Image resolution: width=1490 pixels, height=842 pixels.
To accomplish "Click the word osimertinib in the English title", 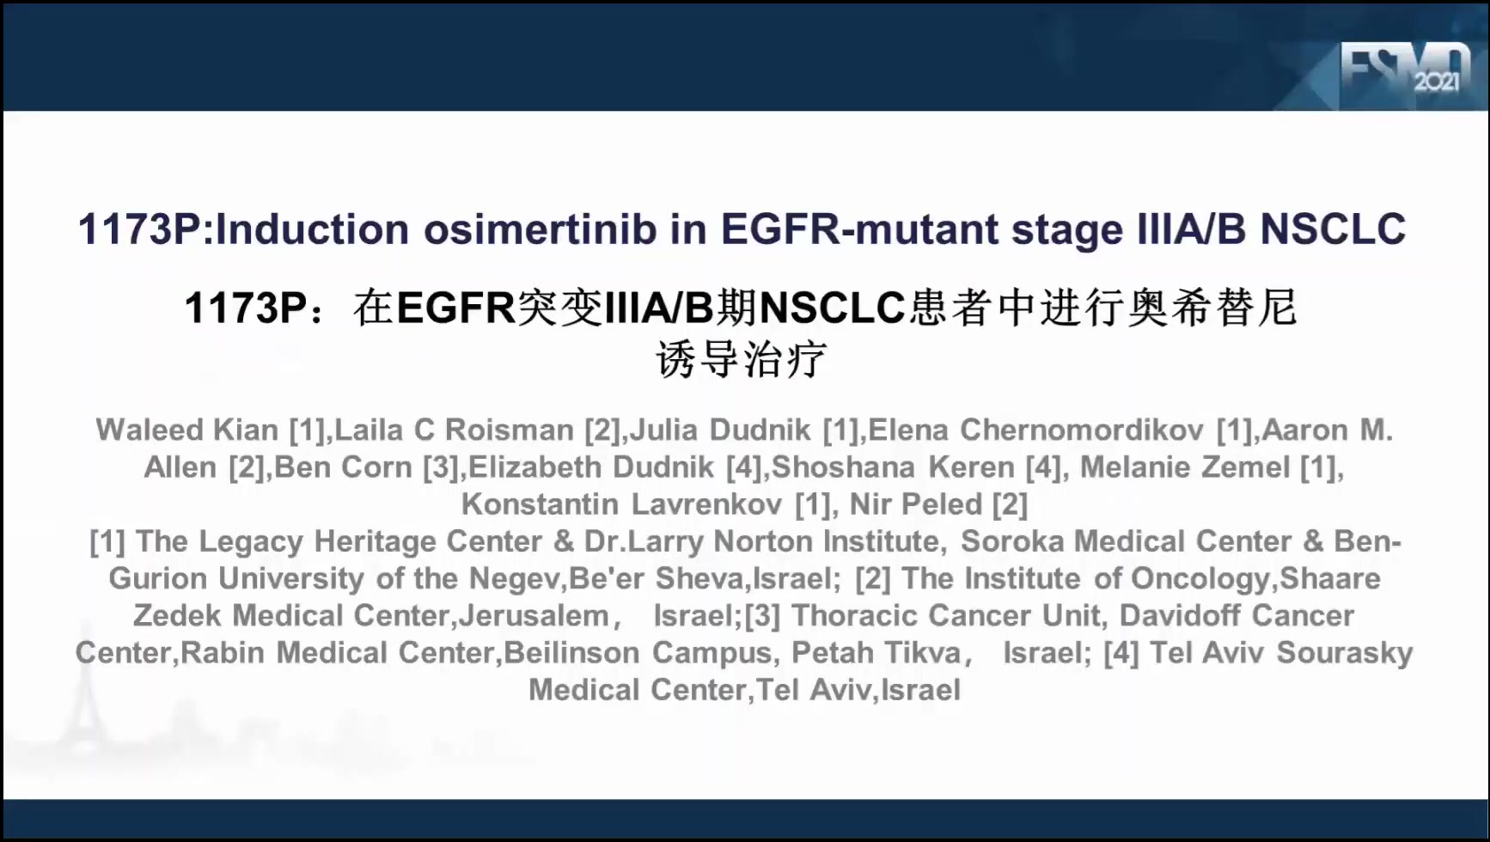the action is pyautogui.click(x=540, y=229).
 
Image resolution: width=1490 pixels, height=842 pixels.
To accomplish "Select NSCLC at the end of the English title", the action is pyautogui.click(x=1333, y=229).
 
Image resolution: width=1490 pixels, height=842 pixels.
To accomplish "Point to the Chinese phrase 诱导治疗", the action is pyautogui.click(x=741, y=359).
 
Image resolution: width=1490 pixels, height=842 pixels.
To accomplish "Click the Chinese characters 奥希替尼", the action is pyautogui.click(x=1212, y=308).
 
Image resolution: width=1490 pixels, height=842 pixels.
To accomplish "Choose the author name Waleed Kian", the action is pyautogui.click(x=186, y=430).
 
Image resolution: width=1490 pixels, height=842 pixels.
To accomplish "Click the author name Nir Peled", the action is pyautogui.click(x=915, y=504).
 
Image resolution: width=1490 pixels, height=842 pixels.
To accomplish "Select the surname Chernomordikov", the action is pyautogui.click(x=1082, y=430).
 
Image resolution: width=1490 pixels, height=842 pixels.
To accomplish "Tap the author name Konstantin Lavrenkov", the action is pyautogui.click(x=621, y=504).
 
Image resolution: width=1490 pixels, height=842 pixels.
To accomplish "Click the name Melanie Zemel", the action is pyautogui.click(x=1185, y=467).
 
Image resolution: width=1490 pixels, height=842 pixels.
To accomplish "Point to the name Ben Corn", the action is pyautogui.click(x=343, y=467).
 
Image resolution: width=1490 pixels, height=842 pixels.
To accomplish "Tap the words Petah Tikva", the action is pyautogui.click(x=876, y=653).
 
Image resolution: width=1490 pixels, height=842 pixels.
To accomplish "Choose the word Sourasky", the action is pyautogui.click(x=1345, y=653).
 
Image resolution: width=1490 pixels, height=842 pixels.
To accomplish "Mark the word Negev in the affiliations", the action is pyautogui.click(x=514, y=579).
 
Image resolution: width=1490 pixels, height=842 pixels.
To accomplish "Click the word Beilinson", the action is pyautogui.click(x=571, y=653).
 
